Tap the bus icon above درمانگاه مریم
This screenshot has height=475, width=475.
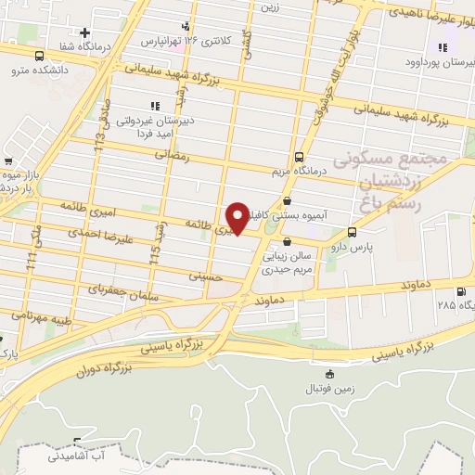tap(299, 157)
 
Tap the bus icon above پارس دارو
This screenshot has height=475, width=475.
tap(352, 232)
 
